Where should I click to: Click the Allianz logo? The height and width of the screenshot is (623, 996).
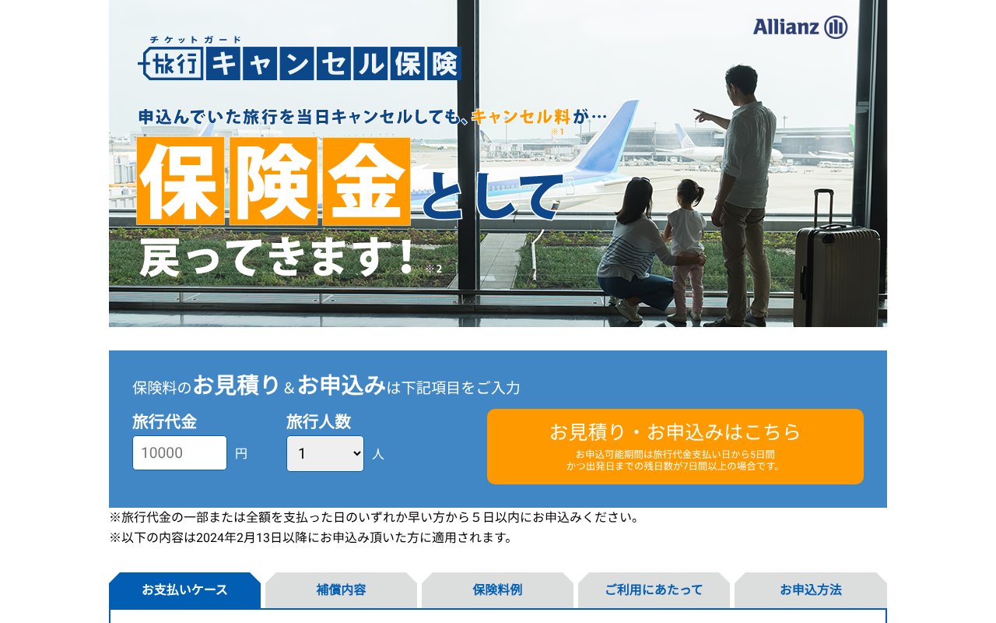click(x=800, y=27)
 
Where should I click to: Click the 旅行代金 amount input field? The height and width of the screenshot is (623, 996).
click(x=180, y=453)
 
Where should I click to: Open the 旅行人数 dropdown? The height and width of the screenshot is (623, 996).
click(x=325, y=453)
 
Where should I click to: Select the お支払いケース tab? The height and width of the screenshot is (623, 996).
click(x=184, y=590)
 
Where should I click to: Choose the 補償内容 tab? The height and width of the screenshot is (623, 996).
click(x=341, y=590)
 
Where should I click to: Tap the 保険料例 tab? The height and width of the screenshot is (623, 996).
click(x=497, y=590)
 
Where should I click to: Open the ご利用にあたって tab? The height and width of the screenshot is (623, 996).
click(x=654, y=590)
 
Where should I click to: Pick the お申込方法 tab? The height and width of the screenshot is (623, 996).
click(x=810, y=590)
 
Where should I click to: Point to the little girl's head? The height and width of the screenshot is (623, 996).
click(x=689, y=192)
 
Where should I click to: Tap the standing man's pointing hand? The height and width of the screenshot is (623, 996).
click(x=702, y=116)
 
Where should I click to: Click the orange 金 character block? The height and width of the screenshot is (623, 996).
click(x=366, y=181)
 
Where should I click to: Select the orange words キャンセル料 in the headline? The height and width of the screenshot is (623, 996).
click(x=521, y=117)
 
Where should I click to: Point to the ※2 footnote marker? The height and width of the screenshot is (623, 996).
click(x=433, y=269)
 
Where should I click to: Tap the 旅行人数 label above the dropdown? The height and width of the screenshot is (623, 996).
click(x=318, y=422)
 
